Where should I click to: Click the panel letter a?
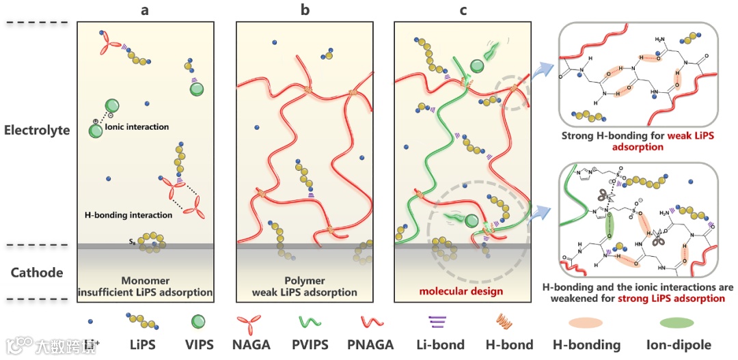point(146,10)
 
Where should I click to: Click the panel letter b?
point(304,10)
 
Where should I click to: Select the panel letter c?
point(463,10)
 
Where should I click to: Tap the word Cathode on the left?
point(37,273)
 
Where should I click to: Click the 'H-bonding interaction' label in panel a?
point(128,215)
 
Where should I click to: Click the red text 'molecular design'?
point(463,292)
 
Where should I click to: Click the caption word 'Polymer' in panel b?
point(305,281)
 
